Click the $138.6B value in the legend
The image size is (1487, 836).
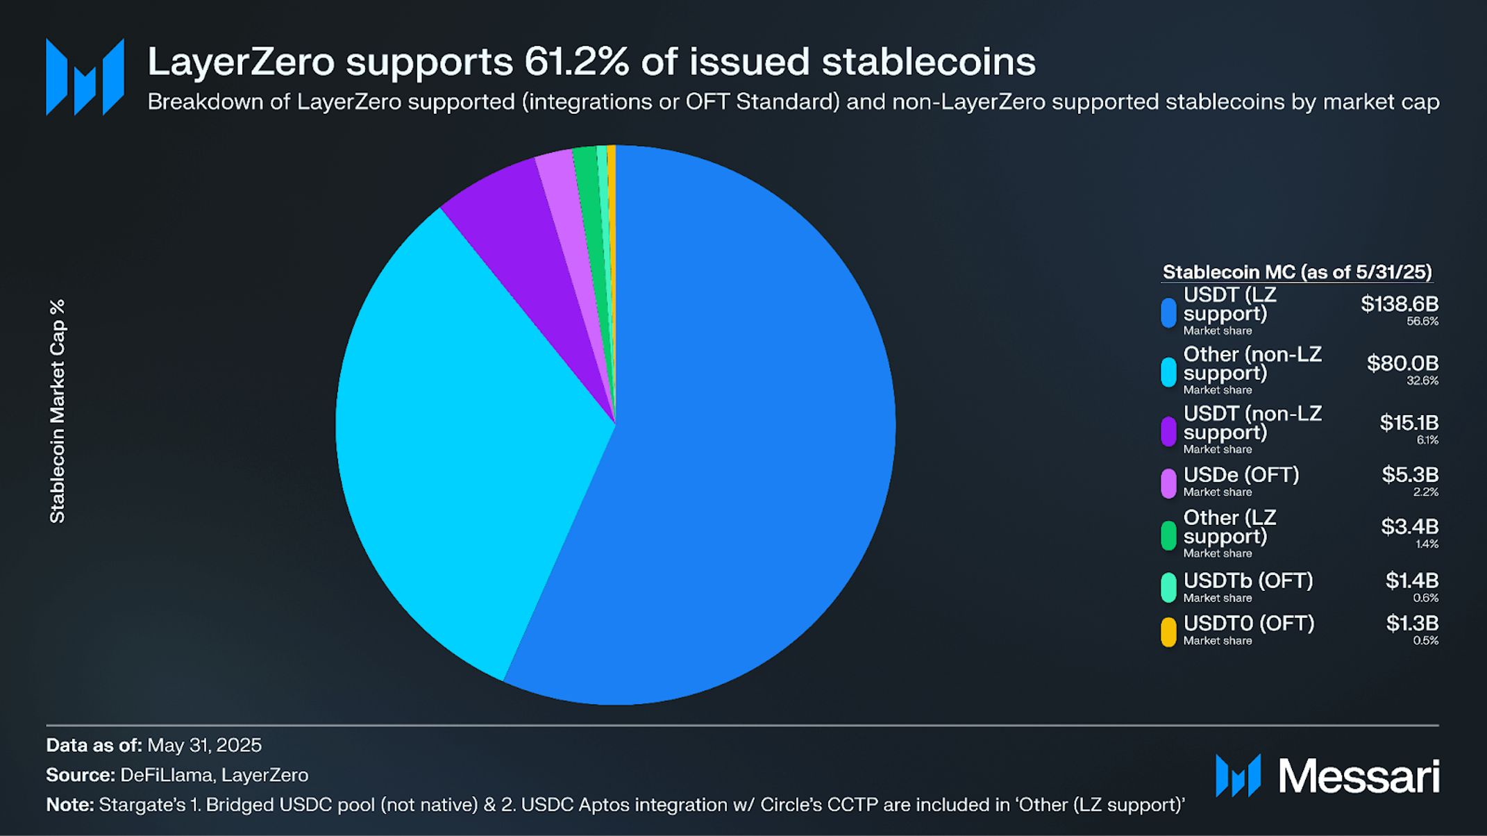[1399, 304]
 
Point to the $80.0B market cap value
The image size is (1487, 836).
[1402, 363]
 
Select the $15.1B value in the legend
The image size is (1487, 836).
[1409, 422]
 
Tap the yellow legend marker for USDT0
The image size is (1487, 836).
[1168, 631]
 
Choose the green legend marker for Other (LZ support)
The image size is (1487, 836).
[1168, 535]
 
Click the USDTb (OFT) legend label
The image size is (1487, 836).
[1247, 580]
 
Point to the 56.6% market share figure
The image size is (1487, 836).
[1422, 321]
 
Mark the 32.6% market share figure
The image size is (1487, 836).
[1422, 381]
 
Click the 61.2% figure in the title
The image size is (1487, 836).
[576, 62]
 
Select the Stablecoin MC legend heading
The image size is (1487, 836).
[1297, 272]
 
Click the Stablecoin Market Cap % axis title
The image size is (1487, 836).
[58, 411]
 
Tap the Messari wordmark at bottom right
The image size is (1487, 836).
[1359, 776]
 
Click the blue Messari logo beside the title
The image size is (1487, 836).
[85, 76]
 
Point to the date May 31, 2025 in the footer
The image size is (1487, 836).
[204, 745]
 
